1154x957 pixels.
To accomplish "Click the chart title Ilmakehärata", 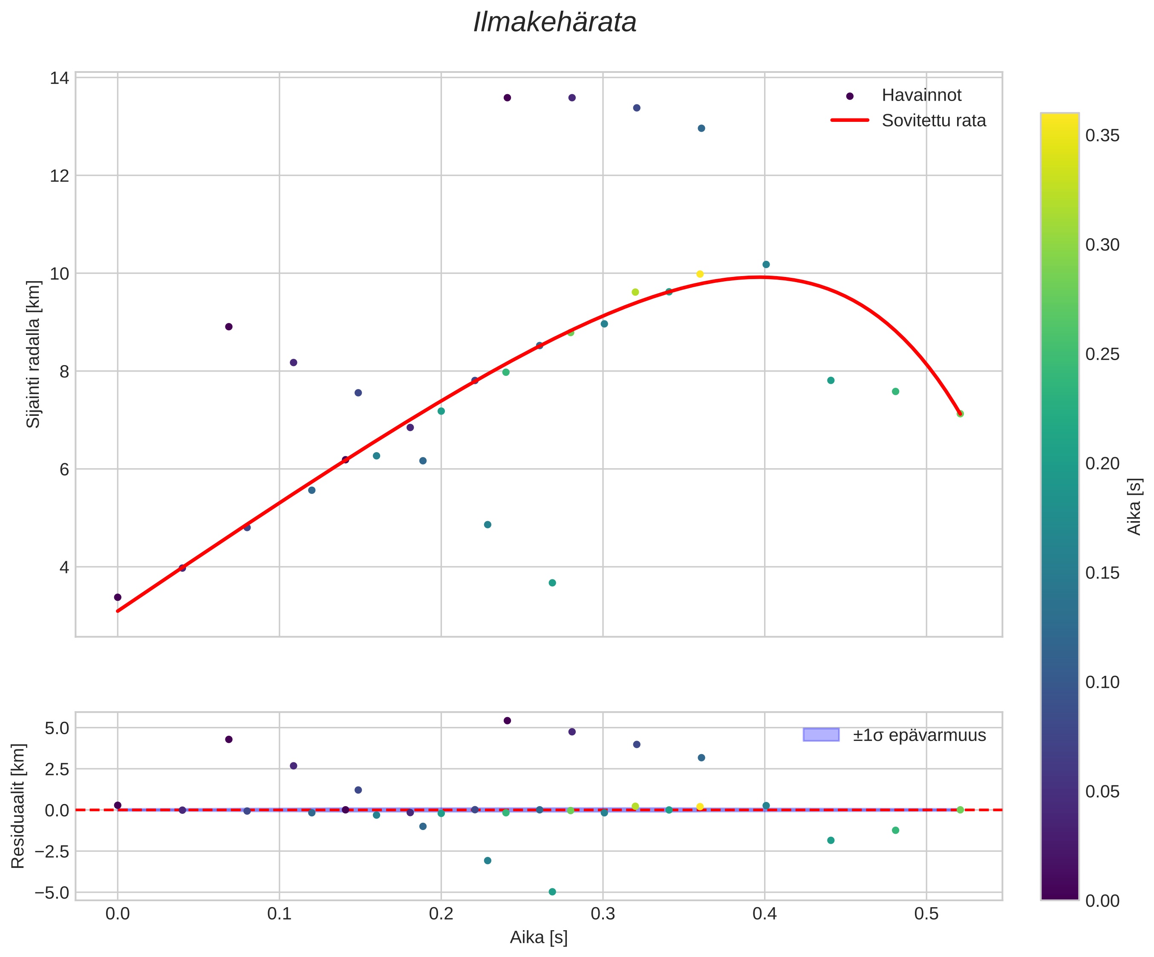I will [554, 23].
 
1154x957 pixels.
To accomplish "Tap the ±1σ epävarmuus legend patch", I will [821, 735].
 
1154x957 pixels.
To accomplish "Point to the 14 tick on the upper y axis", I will [59, 78].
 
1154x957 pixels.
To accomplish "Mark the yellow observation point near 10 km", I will [700, 274].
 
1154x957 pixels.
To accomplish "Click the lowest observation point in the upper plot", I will [552, 582].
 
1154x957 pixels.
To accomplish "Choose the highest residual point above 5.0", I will [507, 720].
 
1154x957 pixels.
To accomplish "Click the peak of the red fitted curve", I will [761, 277].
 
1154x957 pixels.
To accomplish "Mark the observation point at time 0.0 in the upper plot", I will [118, 597].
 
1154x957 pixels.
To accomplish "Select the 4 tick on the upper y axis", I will [64, 567].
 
